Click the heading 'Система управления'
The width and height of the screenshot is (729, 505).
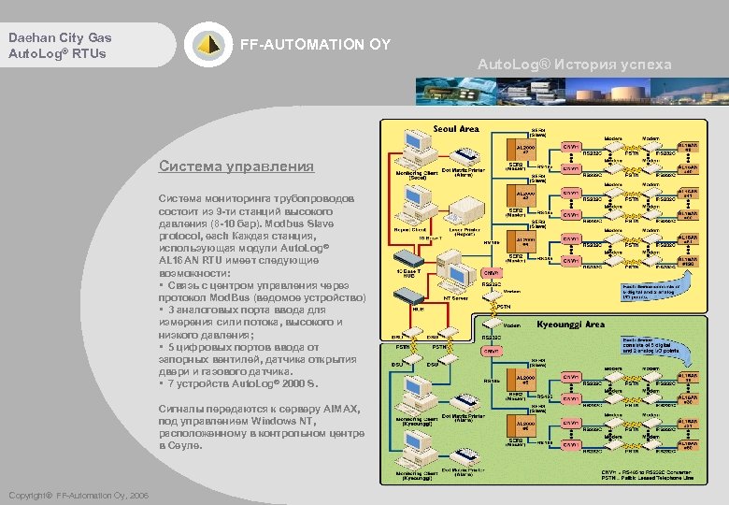[x=236, y=166]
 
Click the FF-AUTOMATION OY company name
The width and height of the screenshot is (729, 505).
[x=315, y=45]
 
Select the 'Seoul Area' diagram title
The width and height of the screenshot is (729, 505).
[x=456, y=128]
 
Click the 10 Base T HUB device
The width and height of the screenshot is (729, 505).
[x=405, y=258]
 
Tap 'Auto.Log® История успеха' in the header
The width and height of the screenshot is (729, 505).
[x=574, y=65]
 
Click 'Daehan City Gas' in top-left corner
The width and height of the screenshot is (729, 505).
[x=60, y=37]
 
